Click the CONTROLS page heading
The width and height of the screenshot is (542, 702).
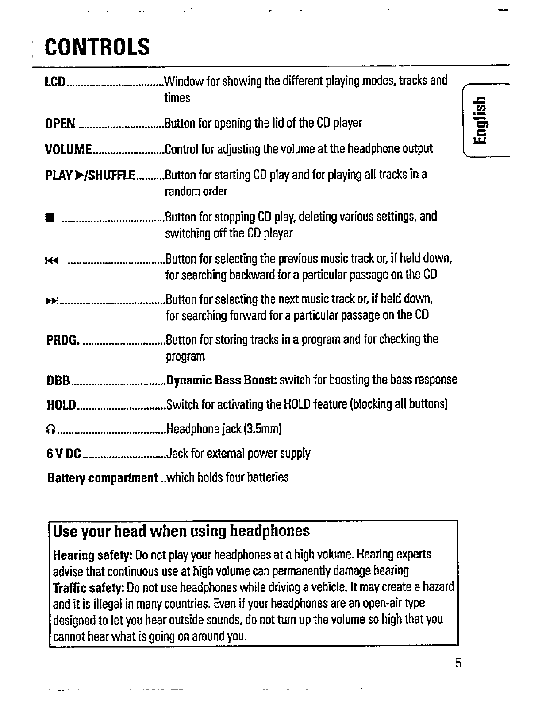point(97,47)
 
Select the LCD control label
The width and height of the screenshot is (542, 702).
point(55,81)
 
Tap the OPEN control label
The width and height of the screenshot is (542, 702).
point(60,123)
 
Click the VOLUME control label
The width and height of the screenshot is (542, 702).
point(68,149)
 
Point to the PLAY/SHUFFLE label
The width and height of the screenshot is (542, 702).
point(90,175)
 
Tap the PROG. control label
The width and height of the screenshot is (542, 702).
point(63,340)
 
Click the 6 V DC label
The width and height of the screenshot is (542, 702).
point(64,454)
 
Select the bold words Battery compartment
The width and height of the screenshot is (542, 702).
point(102,478)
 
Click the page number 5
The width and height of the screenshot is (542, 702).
point(458,663)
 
